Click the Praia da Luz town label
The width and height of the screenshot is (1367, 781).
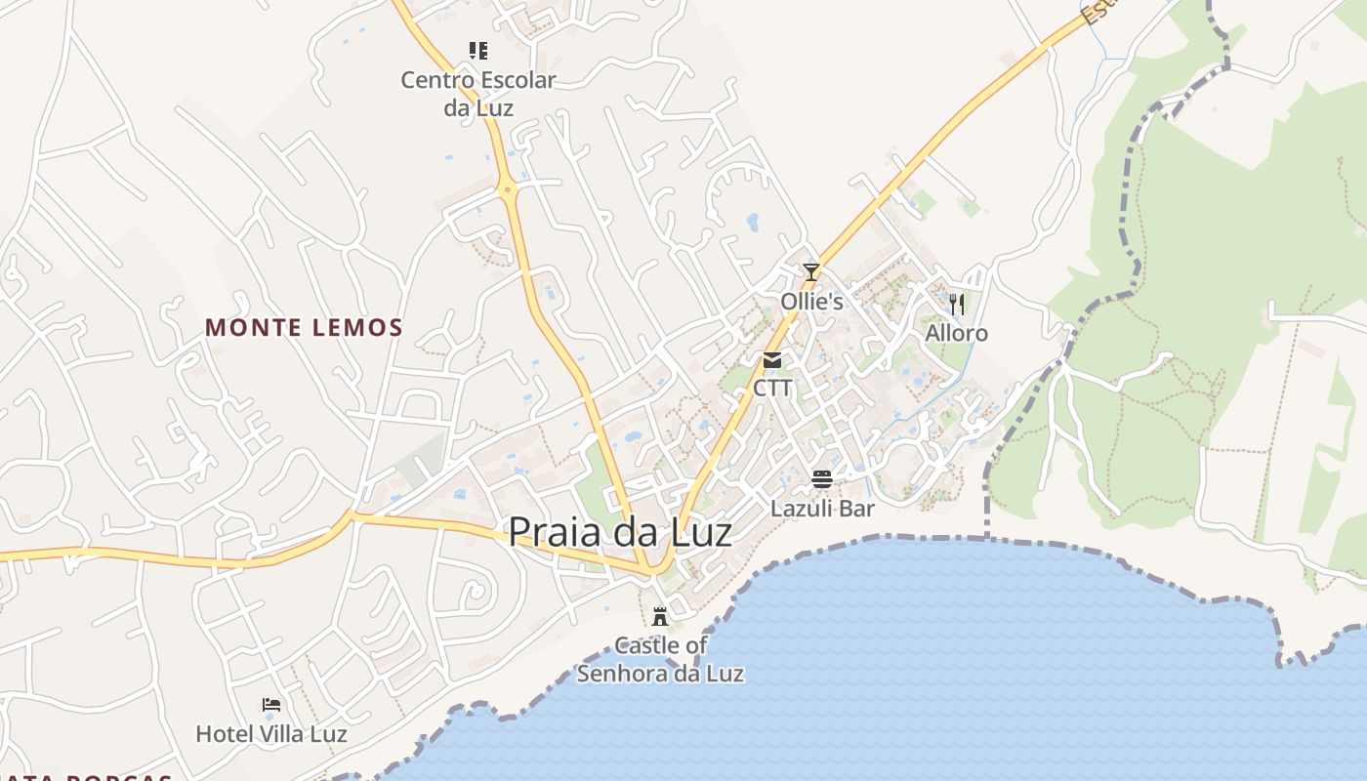tap(620, 532)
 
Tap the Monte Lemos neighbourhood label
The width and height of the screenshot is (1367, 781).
tap(304, 328)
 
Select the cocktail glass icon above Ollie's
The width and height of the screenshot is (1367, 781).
tap(811, 272)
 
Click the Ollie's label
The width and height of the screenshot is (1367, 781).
tap(811, 302)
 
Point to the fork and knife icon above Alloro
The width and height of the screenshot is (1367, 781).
tap(957, 305)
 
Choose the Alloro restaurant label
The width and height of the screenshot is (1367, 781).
tap(957, 334)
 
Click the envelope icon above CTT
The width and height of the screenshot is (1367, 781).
tap(772, 360)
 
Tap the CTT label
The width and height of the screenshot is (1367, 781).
tap(772, 389)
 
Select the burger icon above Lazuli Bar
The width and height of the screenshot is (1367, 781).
tap(822, 479)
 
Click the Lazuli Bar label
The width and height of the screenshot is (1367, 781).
tap(822, 509)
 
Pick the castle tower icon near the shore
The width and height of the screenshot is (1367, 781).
tap(660, 616)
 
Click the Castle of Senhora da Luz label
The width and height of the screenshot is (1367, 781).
tap(660, 660)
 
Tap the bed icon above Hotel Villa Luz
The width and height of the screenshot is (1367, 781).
tap(271, 705)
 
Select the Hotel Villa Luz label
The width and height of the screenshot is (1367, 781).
tap(271, 734)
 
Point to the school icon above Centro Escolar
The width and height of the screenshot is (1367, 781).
tap(477, 51)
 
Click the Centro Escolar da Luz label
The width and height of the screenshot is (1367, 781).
tap(478, 94)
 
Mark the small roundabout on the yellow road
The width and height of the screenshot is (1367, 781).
tap(508, 190)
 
